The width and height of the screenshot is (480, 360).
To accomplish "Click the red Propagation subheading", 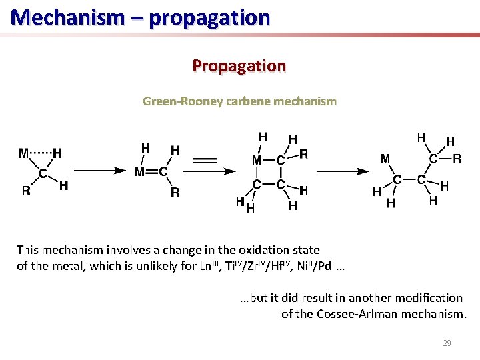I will (239, 66).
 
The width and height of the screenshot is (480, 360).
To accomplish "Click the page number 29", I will (447, 343).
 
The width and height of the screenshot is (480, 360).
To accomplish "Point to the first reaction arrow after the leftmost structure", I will (99, 171).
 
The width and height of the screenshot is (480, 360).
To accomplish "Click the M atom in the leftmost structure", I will (24, 153).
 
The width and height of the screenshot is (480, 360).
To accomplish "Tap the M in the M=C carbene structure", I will (140, 172).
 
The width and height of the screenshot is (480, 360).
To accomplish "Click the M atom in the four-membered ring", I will (256, 160).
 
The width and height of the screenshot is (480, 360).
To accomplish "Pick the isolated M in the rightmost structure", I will (385, 159).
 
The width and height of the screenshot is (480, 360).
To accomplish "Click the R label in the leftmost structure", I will (26, 191).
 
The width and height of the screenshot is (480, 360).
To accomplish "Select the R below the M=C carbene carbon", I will (175, 193).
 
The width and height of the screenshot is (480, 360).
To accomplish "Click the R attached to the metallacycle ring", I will (304, 154).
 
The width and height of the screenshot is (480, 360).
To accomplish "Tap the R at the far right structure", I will (457, 159).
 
